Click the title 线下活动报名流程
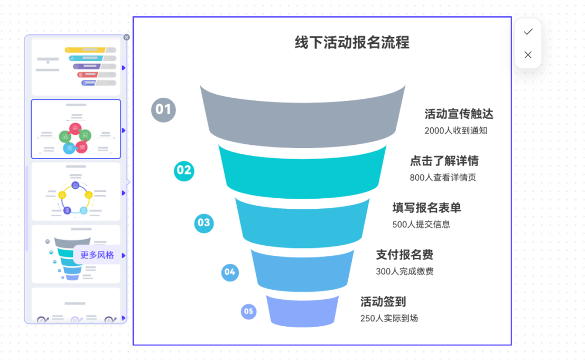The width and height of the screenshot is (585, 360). tap(352, 43)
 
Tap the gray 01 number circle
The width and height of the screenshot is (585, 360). tap(163, 109)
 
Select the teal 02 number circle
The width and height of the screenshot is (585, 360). tap(184, 170)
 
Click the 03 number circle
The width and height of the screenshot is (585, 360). tap(203, 223)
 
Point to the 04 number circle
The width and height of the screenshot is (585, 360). tap(230, 272)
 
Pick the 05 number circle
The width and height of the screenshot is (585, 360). tap(248, 311)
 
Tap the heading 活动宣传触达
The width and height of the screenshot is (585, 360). tap(459, 114)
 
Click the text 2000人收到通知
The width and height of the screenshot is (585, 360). tap(456, 131)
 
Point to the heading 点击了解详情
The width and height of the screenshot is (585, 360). tap(444, 161)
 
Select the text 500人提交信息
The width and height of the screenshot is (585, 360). tap(421, 224)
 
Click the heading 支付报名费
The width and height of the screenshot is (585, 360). tap(404, 255)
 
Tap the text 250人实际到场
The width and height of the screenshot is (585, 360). tap(389, 318)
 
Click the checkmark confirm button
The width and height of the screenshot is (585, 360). tap(528, 32)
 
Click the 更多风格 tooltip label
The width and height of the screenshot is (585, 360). tap(97, 255)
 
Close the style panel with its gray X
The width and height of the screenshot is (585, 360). tap(126, 37)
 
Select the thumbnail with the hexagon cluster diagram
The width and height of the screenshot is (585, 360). tap(76, 129)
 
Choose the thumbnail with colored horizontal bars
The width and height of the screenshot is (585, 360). tap(76, 67)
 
